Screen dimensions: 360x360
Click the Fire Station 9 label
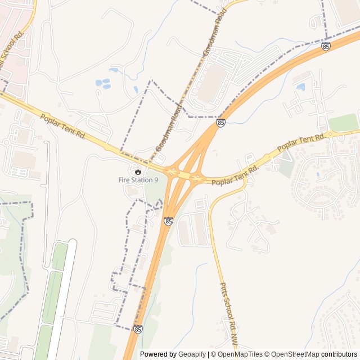[x=138, y=180]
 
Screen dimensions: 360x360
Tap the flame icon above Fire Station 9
[x=138, y=171]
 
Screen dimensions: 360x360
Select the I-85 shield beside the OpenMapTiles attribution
[x=138, y=329]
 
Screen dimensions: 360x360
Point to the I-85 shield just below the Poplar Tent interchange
[x=169, y=222]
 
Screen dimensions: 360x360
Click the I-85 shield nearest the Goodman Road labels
[x=220, y=123]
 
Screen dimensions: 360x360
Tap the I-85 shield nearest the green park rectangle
[x=326, y=47]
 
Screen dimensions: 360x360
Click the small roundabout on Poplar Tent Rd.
[x=331, y=134]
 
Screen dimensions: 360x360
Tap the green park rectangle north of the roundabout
[x=343, y=122]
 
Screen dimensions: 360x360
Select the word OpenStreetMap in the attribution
[x=292, y=354]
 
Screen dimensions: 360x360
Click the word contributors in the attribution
[x=339, y=354]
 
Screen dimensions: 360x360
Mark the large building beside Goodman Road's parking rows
[x=212, y=84]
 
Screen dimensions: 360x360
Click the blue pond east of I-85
[x=300, y=87]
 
